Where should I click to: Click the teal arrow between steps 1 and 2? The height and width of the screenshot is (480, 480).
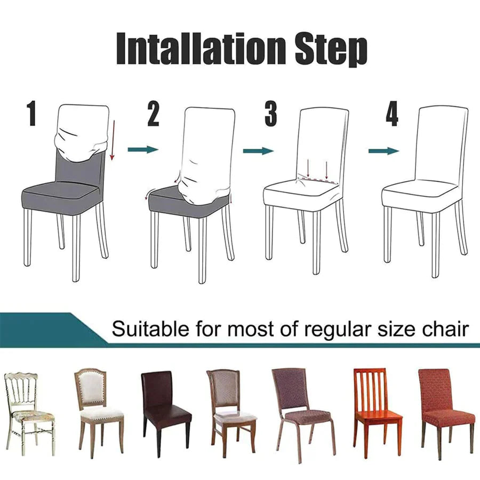coord(143,150)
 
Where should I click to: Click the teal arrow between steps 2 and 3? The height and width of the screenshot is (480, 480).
coord(258,150)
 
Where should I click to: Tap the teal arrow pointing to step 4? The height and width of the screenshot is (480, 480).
coord(383,151)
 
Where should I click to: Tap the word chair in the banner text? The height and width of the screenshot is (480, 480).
coord(446,329)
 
